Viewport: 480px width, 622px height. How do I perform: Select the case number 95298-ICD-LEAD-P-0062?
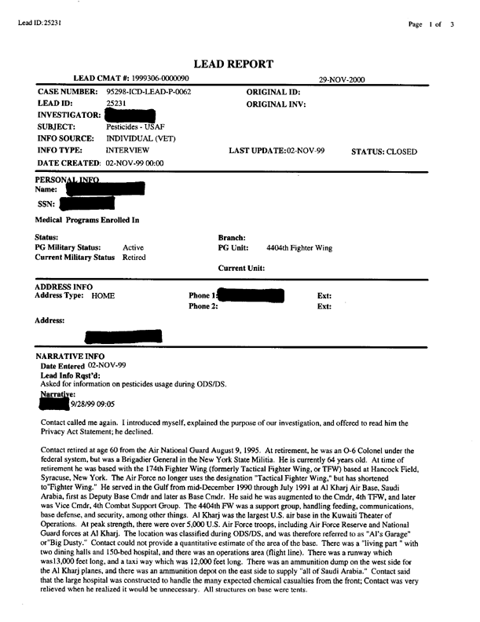tap(149, 92)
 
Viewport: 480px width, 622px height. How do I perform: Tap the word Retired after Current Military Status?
tap(134, 258)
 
